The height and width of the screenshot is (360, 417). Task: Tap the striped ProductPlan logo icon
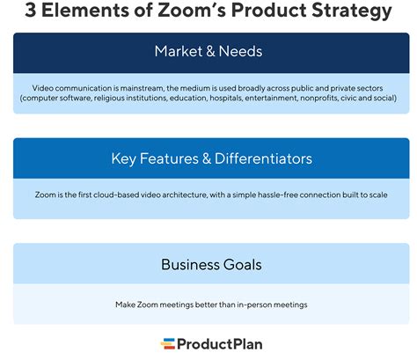pyautogui.click(x=167, y=344)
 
